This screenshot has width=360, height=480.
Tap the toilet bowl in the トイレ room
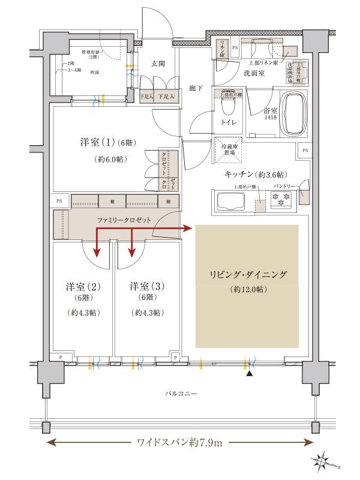(x=227, y=108)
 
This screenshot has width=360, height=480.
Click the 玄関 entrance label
(x=158, y=64)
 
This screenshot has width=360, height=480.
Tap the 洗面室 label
(x=259, y=73)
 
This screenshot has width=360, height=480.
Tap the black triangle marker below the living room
(x=249, y=374)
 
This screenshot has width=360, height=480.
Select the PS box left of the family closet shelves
(x=59, y=201)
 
